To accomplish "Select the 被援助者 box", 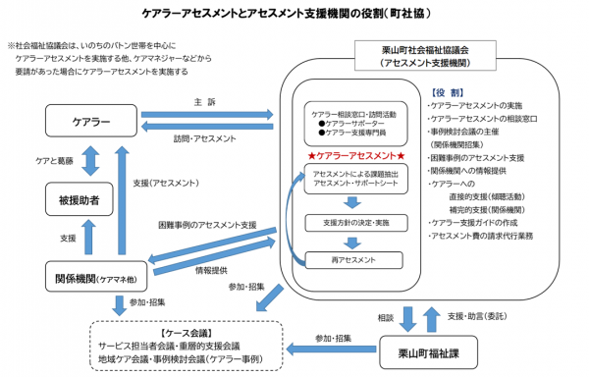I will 91,199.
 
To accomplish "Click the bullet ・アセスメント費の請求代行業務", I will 479,236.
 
